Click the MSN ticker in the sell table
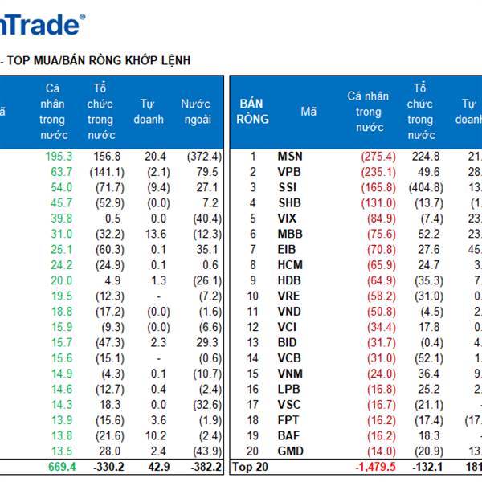pos(290,157)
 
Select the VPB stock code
pos(290,172)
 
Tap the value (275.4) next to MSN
pos(378,157)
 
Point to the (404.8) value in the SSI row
pos(426,187)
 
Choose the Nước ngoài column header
pos(195,112)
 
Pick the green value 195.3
pos(58,157)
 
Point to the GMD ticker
pos(290,451)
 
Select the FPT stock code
pos(290,420)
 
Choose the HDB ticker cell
pos(290,280)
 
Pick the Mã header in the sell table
pos(308,112)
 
